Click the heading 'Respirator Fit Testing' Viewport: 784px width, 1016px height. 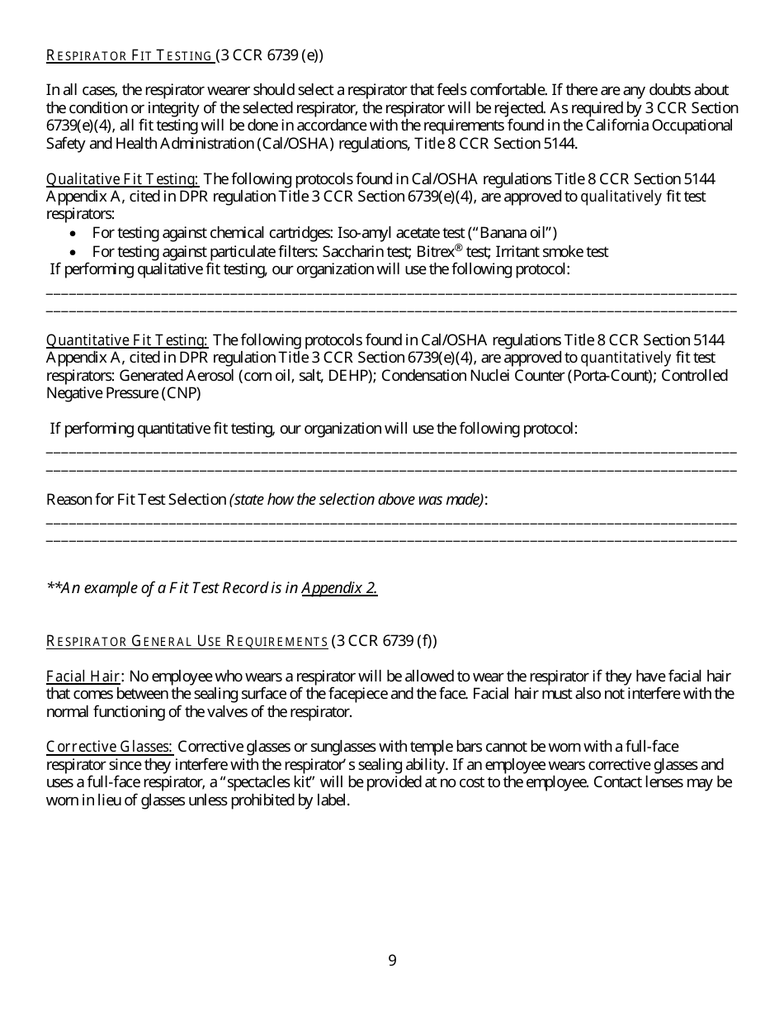[x=130, y=56]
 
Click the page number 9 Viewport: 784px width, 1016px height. [x=392, y=960]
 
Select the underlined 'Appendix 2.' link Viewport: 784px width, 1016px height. [x=339, y=588]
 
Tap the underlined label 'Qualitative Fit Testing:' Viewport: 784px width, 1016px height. [x=122, y=179]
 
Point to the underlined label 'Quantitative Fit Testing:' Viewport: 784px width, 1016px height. [x=127, y=340]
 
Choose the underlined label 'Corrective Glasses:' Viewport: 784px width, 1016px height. [x=109, y=748]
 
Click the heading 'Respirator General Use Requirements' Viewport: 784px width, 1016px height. [x=187, y=641]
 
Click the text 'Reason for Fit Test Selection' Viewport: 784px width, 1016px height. [x=136, y=500]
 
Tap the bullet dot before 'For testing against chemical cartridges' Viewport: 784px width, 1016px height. [x=74, y=234]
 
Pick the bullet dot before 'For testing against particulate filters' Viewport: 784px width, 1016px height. [x=74, y=252]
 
